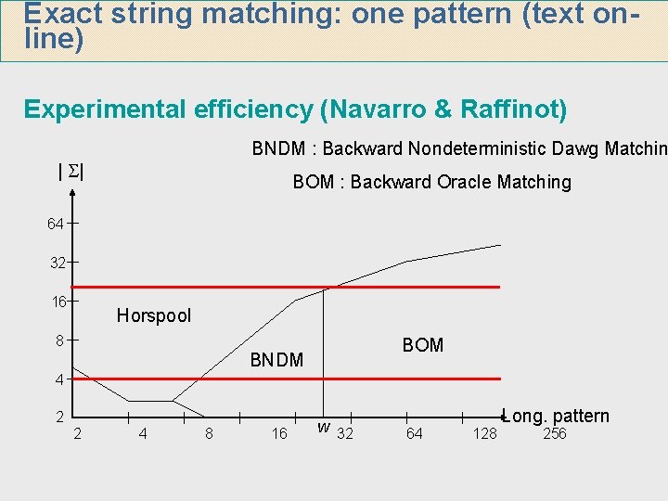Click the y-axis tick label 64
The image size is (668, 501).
[57, 225]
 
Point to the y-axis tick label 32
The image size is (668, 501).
[57, 263]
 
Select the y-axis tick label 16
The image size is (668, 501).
[58, 302]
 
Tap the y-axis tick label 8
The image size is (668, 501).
[58, 340]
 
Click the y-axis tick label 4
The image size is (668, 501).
[58, 379]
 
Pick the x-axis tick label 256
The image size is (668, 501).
[554, 434]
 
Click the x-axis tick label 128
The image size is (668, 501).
[484, 434]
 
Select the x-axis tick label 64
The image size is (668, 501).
[414, 434]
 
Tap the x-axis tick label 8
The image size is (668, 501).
[209, 434]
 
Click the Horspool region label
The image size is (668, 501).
[153, 315]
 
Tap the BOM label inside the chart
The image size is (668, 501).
[422, 345]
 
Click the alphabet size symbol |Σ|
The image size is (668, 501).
[71, 171]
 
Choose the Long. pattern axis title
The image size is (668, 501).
[556, 416]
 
